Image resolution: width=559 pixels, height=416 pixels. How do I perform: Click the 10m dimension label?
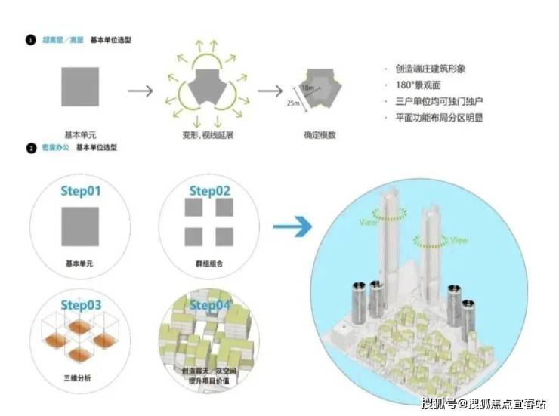tap(307, 88)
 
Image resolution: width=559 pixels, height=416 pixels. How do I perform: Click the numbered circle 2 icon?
tap(31, 148)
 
